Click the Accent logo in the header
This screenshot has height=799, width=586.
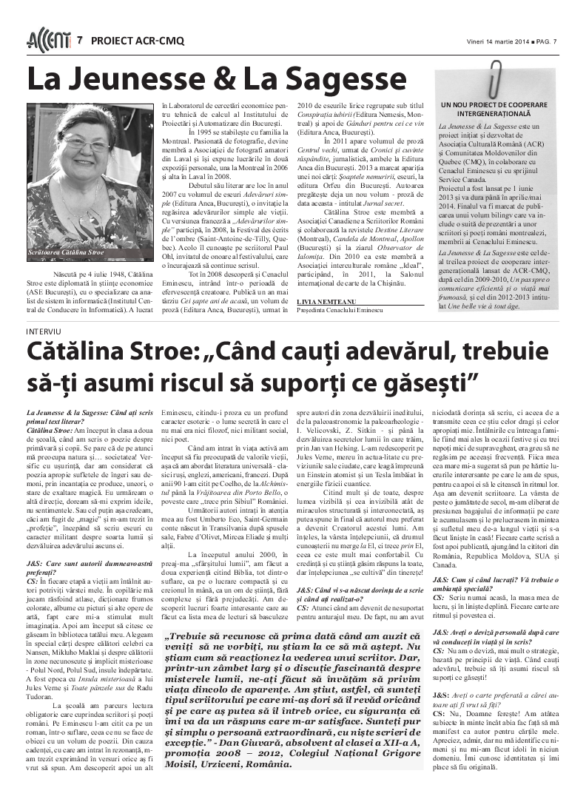(48, 40)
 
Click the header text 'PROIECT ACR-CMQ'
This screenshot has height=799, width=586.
(138, 41)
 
